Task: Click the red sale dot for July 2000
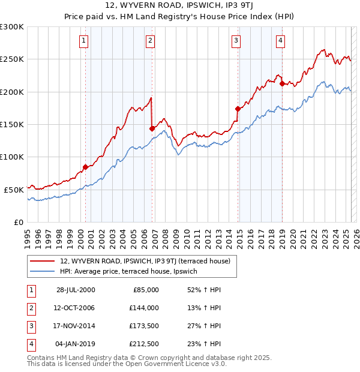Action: tap(85, 167)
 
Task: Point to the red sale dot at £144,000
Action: tap(152, 128)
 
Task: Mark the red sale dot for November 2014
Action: tap(238, 109)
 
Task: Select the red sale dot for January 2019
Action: tap(282, 84)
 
